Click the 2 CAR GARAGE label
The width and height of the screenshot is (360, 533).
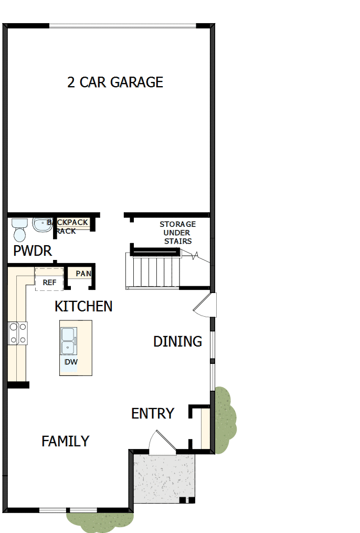pos(115,82)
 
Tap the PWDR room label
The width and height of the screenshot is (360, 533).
pos(33,251)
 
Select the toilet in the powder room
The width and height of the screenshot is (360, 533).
pos(19,229)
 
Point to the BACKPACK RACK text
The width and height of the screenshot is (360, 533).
pos(68,226)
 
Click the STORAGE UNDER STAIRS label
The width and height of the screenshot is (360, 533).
pos(178,233)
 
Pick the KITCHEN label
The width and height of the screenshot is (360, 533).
pos(83,306)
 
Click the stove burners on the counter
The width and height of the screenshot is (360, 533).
pos(17,333)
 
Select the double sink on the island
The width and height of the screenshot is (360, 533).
pos(69,340)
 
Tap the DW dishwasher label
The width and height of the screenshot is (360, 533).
pos(71,362)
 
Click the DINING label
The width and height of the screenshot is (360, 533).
pos(177,341)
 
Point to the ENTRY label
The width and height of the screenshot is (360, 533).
pos(152,414)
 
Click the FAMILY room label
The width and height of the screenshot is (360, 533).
pos(65,441)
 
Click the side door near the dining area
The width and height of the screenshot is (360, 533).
pos(205,307)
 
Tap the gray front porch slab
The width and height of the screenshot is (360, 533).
pos(163,478)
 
